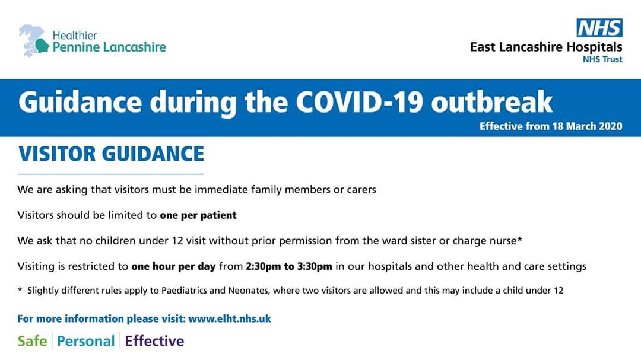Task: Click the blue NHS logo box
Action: pos(599,27)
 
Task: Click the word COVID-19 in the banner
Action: pos(360,101)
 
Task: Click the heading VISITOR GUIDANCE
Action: pos(111,154)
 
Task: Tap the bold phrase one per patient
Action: pos(198,215)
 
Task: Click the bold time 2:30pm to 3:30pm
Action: pos(289,266)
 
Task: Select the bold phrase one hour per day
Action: pos(173,266)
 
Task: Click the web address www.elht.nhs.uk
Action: pos(230,318)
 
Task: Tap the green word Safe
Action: pos(33,341)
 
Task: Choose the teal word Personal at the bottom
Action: pos(86,341)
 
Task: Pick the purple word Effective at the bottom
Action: pos(154,341)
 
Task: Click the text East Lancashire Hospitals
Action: pos(546,47)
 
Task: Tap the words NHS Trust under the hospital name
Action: pos(602,59)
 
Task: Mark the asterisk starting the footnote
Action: pos(20,290)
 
